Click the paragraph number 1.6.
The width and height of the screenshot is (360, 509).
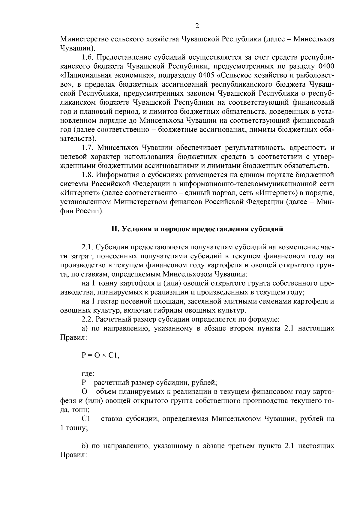point(88,57)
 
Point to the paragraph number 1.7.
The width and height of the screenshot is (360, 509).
point(88,148)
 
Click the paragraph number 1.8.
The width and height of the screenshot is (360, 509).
point(88,175)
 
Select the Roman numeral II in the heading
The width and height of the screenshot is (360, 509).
point(115,229)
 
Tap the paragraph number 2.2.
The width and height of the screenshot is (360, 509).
point(88,319)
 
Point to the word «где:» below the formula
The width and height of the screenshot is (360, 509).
point(88,374)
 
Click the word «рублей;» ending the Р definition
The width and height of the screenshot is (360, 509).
point(205,383)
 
